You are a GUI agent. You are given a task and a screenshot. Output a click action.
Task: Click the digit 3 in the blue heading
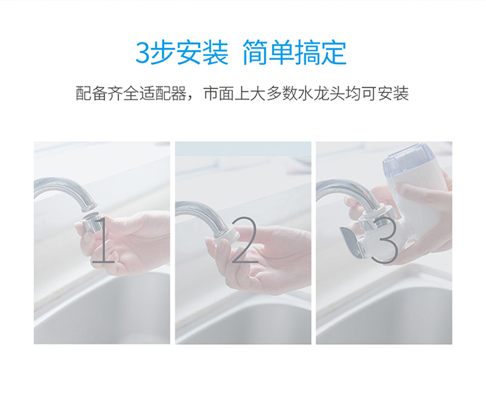tap(142, 53)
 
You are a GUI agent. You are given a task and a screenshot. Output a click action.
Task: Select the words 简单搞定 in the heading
tap(294, 53)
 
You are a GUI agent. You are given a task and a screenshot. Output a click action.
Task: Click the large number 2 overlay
tap(244, 239)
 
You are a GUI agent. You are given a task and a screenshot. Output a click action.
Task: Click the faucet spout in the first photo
tap(68, 189)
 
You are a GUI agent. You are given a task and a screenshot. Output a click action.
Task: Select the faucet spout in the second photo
tap(204, 215)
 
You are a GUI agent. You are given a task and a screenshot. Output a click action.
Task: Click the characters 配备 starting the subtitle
tap(92, 94)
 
